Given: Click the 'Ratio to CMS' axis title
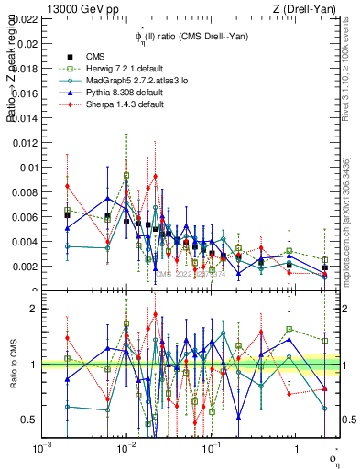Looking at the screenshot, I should pyautogui.click(x=13, y=365).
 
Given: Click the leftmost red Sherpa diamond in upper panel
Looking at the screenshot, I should pyautogui.click(x=67, y=186).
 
